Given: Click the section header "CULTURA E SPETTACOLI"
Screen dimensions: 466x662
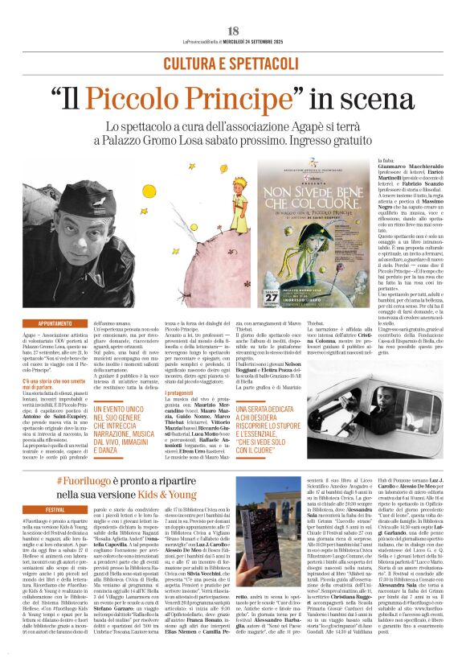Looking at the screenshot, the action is (x=233, y=61).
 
